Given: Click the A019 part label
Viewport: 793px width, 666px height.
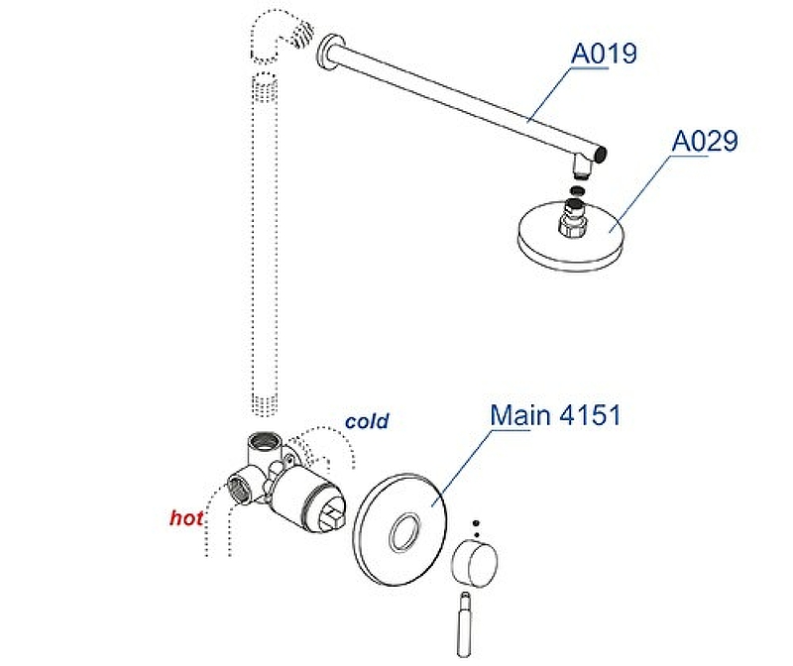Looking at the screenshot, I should [x=604, y=53].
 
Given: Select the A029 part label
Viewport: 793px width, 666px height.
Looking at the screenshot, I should [x=704, y=142].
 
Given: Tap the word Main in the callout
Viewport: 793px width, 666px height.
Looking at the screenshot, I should [x=521, y=414].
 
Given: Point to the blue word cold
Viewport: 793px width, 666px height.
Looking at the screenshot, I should [x=367, y=421].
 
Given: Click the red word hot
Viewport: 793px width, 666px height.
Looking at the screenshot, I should [x=186, y=517].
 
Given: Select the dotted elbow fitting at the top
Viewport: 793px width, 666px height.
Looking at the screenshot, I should [x=279, y=35].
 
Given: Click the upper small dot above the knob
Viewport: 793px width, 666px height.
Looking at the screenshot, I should [x=475, y=520].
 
